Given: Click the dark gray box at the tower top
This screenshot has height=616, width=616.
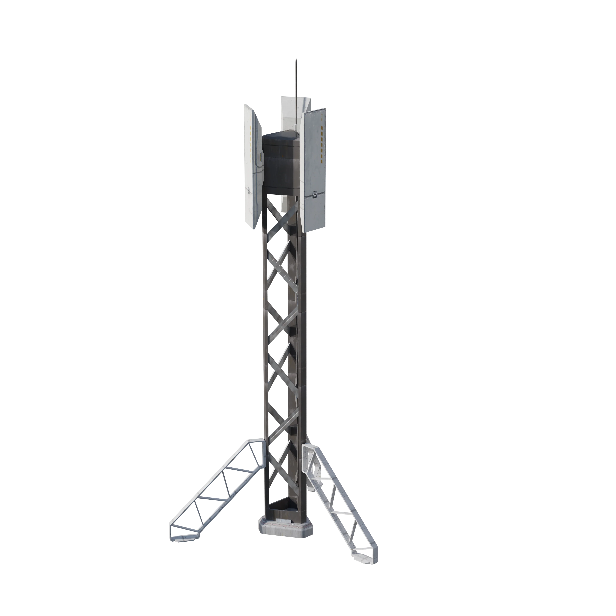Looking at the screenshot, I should [281, 163].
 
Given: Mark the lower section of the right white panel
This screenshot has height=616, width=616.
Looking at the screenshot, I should [314, 210].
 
